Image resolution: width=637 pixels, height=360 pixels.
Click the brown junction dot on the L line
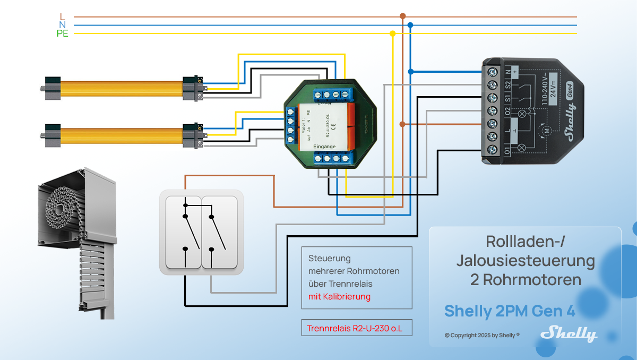click(402, 16)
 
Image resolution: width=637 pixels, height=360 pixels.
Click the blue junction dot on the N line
click(410, 25)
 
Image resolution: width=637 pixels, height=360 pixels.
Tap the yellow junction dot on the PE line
click(392, 33)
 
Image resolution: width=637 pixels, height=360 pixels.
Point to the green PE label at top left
click(63, 34)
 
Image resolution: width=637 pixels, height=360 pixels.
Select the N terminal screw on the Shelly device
click(492, 71)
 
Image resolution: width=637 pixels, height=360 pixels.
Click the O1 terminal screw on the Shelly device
click(492, 150)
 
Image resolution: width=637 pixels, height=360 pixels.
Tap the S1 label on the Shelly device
click(507, 98)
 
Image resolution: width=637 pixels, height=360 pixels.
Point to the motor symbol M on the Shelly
click(545, 130)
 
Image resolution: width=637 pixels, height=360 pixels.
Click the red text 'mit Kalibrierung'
click(340, 296)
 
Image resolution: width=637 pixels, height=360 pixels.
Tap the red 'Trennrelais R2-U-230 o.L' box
click(355, 329)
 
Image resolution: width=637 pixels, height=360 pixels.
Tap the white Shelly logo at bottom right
click(569, 333)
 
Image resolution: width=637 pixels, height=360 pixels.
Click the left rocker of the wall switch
click(183, 232)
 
